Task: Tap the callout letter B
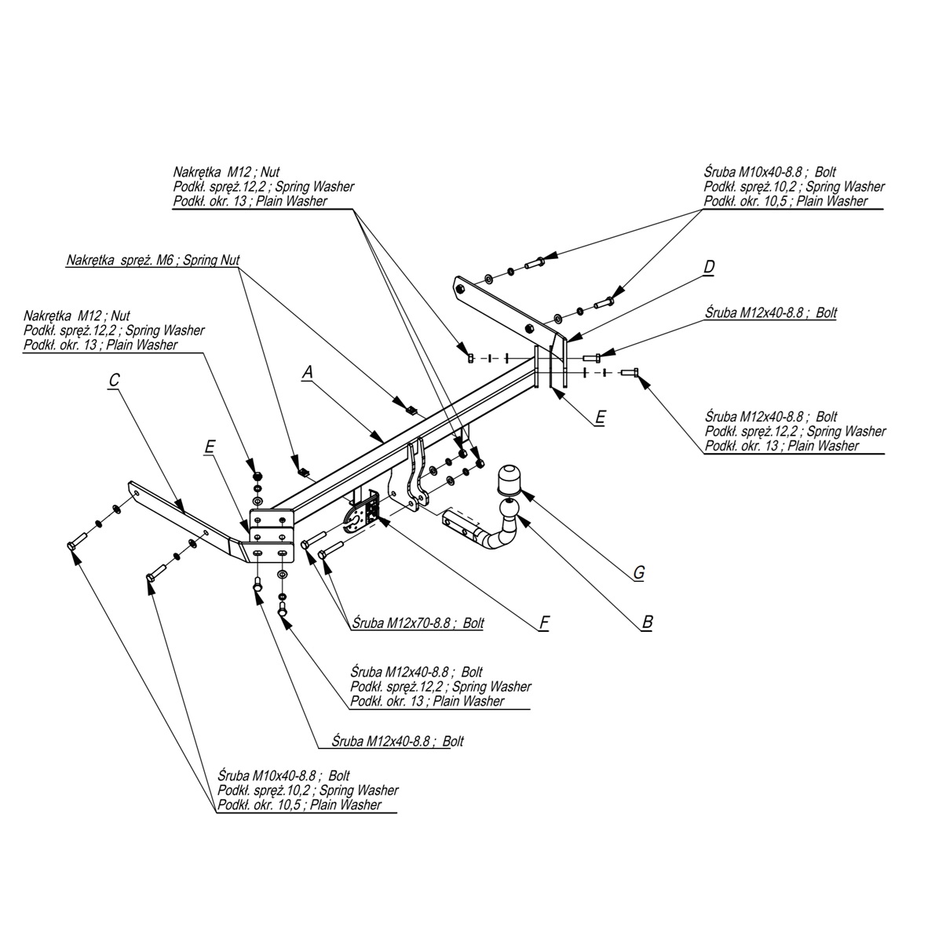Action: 647,622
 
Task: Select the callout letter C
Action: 114,380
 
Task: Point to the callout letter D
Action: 709,267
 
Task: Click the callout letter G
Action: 639,572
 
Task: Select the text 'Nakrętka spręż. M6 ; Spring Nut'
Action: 153,260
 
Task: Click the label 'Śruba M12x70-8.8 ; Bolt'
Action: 418,623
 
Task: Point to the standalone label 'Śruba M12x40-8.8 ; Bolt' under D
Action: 770,312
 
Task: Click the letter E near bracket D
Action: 600,417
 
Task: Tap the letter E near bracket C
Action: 209,447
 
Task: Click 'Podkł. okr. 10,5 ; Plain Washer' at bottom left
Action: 300,805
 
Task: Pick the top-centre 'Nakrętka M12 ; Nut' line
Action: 226,172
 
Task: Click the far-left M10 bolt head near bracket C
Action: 73,544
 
